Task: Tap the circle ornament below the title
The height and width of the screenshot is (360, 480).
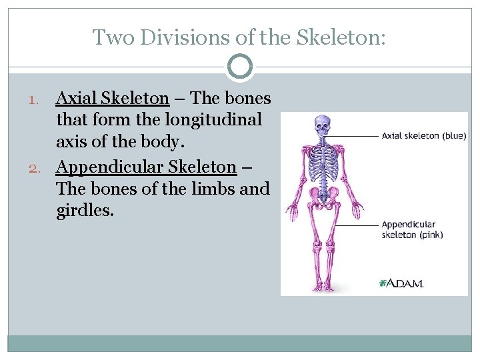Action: click(240, 67)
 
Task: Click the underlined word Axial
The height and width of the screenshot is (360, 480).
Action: click(77, 99)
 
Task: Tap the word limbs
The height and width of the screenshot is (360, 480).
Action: click(212, 189)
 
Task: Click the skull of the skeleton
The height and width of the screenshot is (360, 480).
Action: click(323, 125)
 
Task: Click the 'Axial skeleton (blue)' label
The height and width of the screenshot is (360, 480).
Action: click(423, 136)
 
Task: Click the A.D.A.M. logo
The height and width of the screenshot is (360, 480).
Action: click(401, 283)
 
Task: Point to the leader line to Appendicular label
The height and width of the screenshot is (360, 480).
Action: click(357, 224)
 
